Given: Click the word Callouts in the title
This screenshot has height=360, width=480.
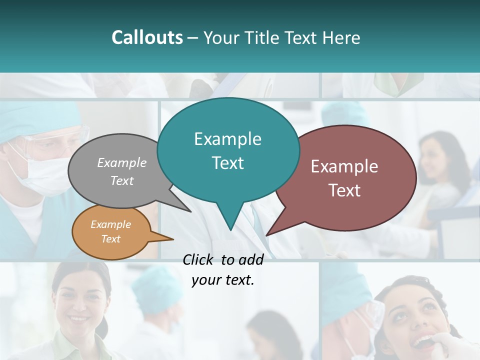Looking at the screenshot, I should tap(147, 38).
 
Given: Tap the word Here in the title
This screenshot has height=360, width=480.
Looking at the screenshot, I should tap(338, 38).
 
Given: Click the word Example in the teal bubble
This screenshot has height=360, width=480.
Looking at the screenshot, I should tap(227, 139).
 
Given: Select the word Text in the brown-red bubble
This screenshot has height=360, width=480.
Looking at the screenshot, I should tap(344, 190).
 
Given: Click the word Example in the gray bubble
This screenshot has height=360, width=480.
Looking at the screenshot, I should tap(121, 163).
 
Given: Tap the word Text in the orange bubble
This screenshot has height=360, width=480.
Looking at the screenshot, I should tap(110, 239).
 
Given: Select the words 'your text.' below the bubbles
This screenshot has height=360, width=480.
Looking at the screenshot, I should tap(223, 280).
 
